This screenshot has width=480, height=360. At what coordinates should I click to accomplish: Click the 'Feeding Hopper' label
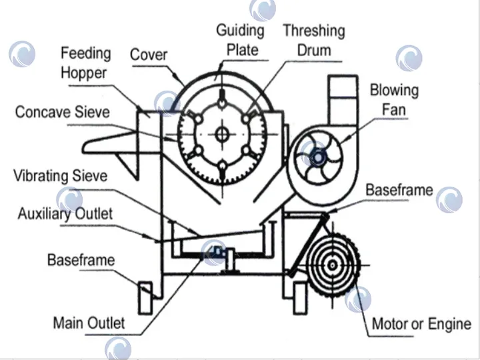[86, 63]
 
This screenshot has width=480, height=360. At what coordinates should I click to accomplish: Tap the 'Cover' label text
[148, 55]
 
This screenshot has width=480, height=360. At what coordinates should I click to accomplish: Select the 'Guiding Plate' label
[240, 39]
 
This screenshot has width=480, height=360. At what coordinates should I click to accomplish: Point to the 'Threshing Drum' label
[313, 41]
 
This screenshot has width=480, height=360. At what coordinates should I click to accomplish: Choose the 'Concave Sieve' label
[62, 111]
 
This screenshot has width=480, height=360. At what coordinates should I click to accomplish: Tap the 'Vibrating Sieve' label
[60, 176]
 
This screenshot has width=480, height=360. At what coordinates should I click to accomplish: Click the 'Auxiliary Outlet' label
[65, 214]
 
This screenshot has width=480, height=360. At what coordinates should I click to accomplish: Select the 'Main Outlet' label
[89, 323]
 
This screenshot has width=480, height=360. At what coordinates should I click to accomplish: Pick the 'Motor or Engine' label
[421, 324]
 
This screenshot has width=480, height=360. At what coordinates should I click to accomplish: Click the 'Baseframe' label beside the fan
[399, 190]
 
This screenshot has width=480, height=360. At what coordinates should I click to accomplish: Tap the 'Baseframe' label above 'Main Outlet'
[81, 260]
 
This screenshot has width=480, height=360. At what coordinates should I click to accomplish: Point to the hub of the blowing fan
[318, 157]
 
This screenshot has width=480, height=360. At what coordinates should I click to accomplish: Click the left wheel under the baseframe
[145, 294]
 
